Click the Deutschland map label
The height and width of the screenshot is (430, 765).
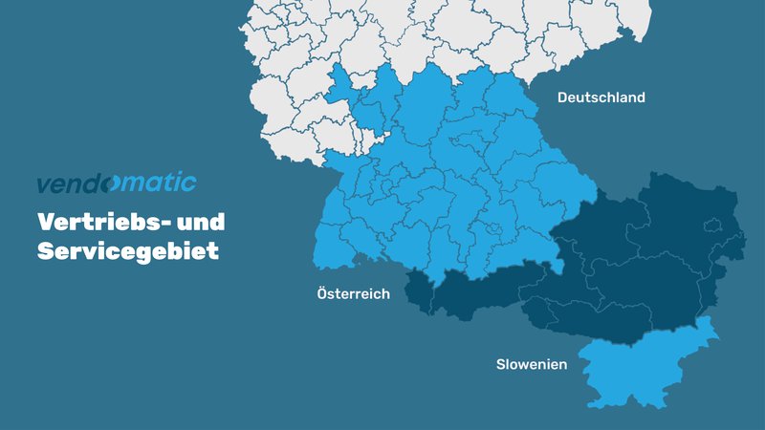point(601,97)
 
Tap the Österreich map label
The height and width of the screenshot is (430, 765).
point(353,294)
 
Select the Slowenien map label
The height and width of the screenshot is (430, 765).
point(532,365)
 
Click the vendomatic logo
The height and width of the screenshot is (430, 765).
point(116,183)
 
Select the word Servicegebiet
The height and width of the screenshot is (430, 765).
point(128,251)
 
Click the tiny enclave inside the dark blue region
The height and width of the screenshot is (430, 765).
point(712,226)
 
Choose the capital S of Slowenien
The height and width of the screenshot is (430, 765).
point(500,365)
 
